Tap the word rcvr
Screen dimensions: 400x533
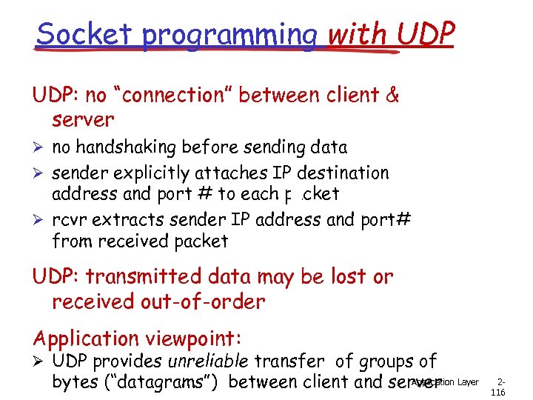[70, 220]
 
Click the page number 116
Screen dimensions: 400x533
[497, 392]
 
